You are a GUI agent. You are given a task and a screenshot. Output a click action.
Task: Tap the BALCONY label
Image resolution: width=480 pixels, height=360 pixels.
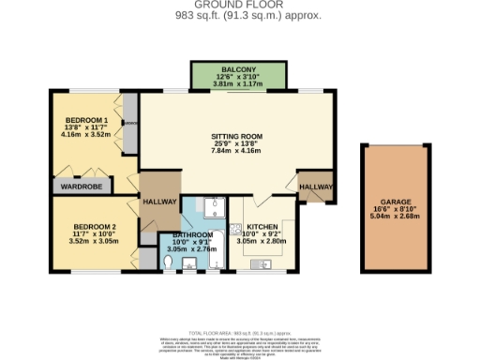[226, 69]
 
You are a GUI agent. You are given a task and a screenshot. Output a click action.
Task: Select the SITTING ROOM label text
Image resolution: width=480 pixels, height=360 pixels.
[235, 137]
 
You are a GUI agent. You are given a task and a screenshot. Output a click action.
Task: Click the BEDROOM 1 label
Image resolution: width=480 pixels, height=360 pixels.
[86, 120]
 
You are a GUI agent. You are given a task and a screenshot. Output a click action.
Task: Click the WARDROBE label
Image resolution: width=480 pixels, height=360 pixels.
[82, 185]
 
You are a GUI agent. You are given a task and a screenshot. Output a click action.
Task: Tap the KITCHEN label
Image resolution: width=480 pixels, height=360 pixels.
[262, 226]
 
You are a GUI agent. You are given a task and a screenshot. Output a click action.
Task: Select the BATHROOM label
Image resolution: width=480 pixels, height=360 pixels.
[190, 234]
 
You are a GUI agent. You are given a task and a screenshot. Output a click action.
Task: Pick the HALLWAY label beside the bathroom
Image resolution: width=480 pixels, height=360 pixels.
[159, 201]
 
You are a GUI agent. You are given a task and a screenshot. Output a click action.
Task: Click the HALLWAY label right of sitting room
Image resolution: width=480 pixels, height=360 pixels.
[316, 187]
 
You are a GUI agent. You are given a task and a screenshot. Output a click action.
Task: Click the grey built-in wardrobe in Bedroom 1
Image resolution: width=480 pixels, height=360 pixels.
[130, 123]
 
